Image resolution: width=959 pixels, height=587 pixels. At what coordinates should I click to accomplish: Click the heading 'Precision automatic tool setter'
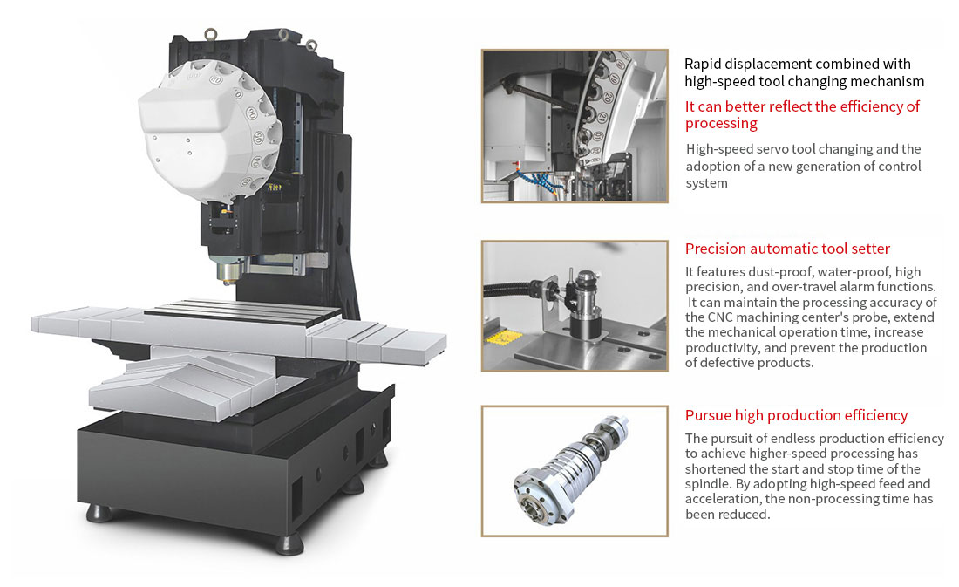(x=787, y=249)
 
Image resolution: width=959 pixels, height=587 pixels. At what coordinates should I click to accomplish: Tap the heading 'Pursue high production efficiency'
(x=796, y=415)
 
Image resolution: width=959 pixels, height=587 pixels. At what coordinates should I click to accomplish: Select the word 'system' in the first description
(x=706, y=183)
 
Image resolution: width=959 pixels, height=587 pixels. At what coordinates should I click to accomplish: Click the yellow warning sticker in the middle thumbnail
(x=503, y=336)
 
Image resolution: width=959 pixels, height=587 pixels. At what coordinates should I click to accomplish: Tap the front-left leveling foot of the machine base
(x=99, y=512)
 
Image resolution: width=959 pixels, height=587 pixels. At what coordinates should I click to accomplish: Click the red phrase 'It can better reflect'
(x=746, y=106)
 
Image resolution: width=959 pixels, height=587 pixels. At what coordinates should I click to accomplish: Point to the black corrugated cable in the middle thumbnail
(x=514, y=290)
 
